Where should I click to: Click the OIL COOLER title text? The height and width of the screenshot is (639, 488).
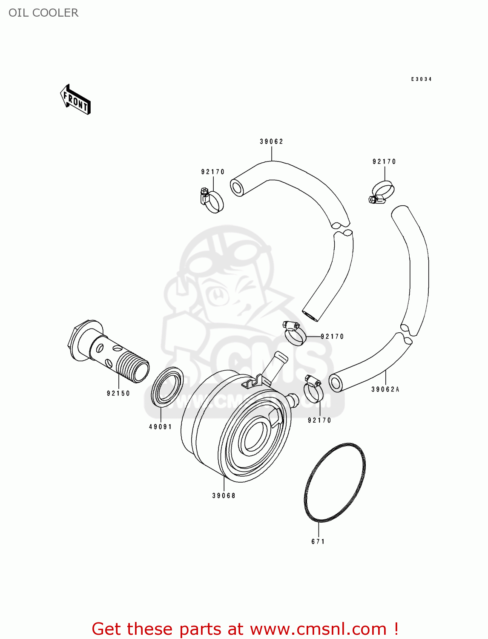click(43, 13)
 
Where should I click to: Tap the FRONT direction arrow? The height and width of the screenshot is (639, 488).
click(75, 100)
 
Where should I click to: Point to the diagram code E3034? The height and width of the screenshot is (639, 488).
click(421, 79)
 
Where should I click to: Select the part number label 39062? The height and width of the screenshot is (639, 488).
click(271, 141)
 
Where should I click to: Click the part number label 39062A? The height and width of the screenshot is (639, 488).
click(385, 389)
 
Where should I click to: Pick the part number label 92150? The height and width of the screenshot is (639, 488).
click(118, 393)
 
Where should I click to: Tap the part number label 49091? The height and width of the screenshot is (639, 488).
click(161, 426)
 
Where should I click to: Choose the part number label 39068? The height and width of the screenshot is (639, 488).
click(224, 495)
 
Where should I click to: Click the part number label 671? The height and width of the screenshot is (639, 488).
click(318, 541)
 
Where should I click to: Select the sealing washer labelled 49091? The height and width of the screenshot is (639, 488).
click(167, 386)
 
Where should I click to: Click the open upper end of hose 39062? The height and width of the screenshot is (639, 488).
click(237, 187)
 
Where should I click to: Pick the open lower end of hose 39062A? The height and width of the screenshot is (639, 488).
click(336, 383)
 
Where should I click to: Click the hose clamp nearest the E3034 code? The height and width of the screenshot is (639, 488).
click(382, 192)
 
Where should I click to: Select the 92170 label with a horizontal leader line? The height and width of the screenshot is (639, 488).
click(332, 337)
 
